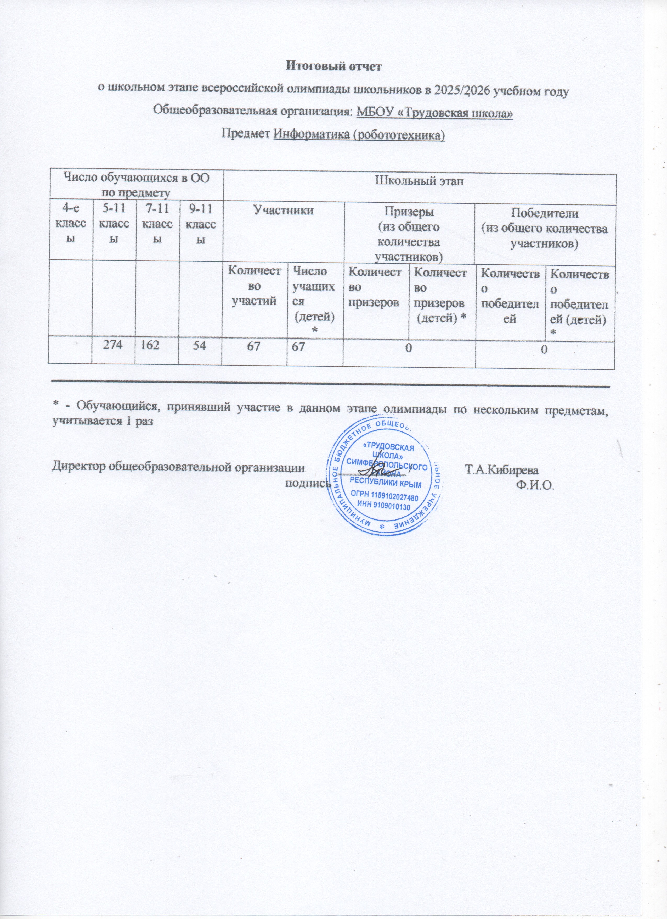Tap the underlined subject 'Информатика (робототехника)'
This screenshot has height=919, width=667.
point(359,135)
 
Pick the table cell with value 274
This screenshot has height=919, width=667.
point(114,351)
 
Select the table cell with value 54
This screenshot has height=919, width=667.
point(200,351)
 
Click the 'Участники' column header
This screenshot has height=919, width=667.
point(283,210)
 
